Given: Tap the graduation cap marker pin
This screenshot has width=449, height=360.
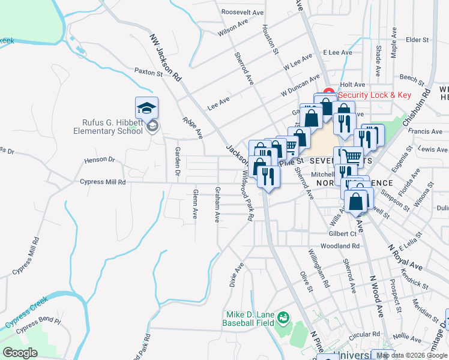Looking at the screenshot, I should [146, 109].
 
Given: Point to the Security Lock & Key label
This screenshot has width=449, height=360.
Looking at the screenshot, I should [375, 95].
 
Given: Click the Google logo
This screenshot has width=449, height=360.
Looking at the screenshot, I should [20, 353].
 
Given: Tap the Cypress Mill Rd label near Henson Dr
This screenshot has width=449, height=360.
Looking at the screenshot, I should [103, 181].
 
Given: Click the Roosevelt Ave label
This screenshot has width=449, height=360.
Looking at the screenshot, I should [243, 12].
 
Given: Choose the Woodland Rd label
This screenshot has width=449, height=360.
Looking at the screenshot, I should [340, 246].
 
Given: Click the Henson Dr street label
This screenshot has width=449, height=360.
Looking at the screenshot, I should [99, 160].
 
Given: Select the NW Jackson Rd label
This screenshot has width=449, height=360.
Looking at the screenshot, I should [165, 57].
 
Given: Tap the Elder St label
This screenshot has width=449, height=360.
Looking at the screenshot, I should [417, 40].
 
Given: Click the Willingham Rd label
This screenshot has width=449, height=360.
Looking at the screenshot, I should [318, 269].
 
